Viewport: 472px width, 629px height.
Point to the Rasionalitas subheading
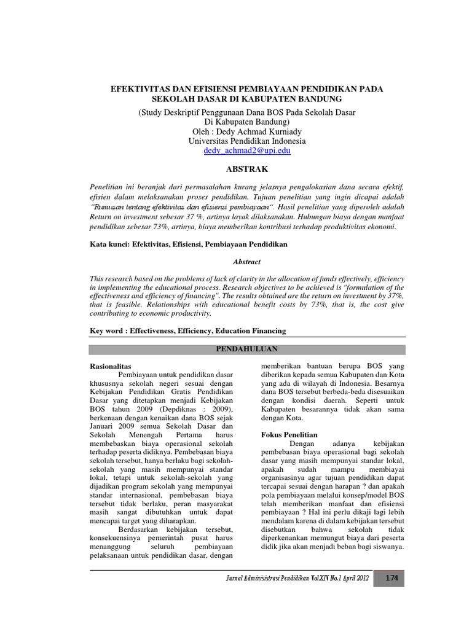tap(111, 365)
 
